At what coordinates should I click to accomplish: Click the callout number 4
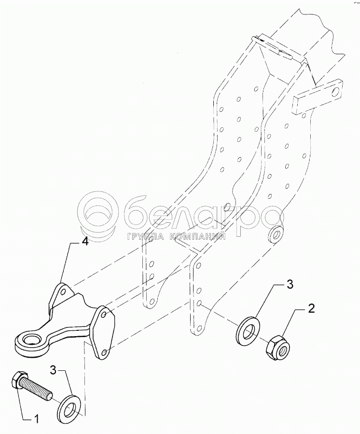point(84,243)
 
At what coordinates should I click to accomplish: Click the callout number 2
point(312,309)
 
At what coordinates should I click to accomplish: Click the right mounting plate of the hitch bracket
point(104,333)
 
